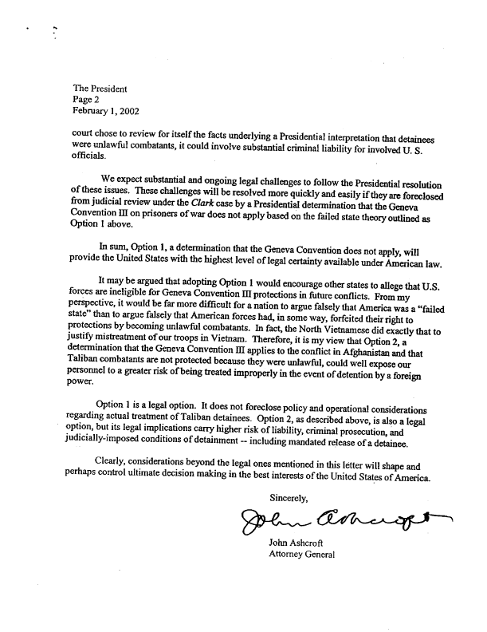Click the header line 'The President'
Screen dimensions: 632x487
tap(100, 89)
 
